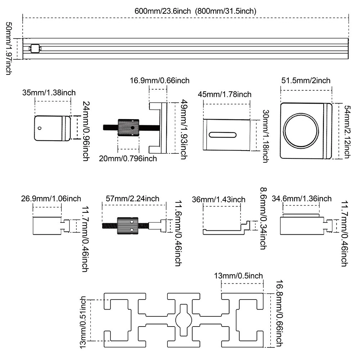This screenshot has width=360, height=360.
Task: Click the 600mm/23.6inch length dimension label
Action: click(x=163, y=11)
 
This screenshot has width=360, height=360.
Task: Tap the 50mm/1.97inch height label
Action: click(x=9, y=49)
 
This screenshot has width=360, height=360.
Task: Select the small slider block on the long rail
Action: click(x=35, y=49)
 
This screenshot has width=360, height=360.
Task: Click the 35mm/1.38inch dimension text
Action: click(x=49, y=93)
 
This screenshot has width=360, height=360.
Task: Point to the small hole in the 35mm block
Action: click(x=40, y=128)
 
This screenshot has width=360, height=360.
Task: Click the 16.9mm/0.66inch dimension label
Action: click(x=159, y=81)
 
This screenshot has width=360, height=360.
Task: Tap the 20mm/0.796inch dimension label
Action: click(x=128, y=159)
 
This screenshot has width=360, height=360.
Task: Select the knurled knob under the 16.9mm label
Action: click(x=129, y=127)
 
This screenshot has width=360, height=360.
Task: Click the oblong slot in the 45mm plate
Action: click(x=222, y=135)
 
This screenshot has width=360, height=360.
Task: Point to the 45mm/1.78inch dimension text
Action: click(x=225, y=94)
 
